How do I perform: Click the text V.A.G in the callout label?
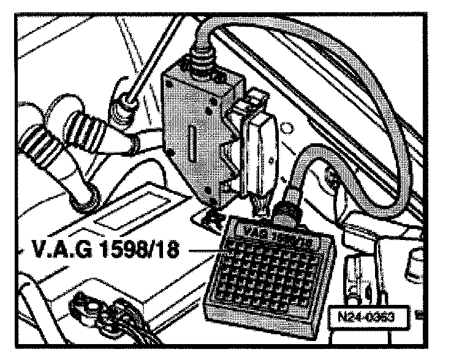[x=55, y=250]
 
